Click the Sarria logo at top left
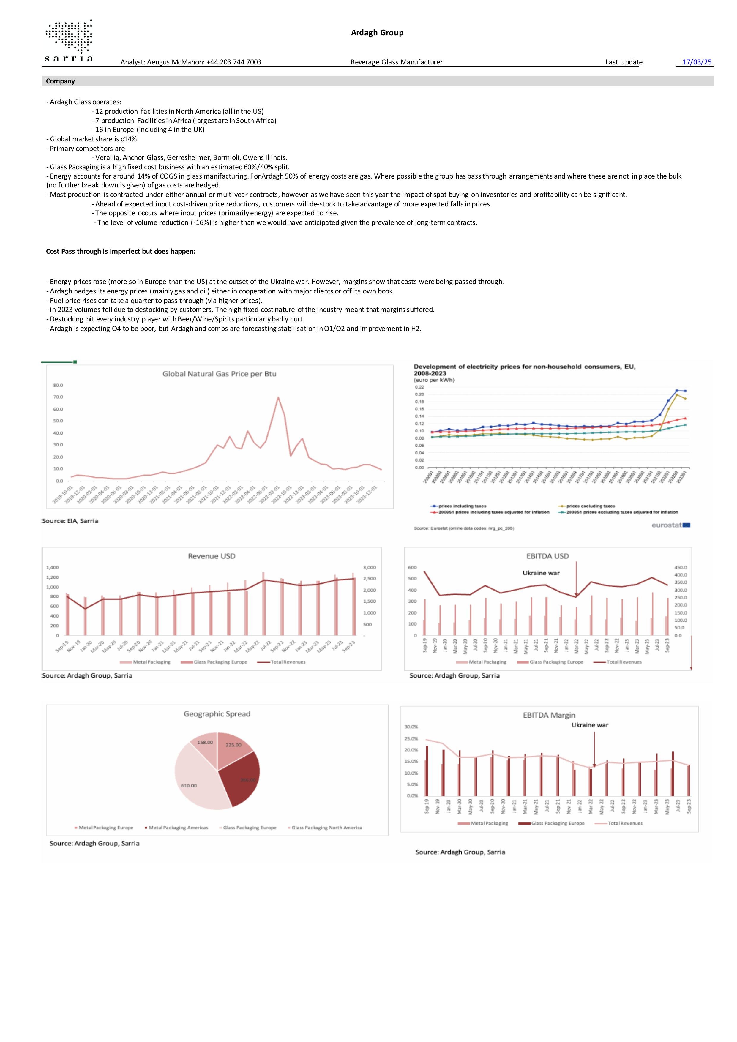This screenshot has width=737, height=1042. (69, 41)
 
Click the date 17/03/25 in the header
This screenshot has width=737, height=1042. (697, 62)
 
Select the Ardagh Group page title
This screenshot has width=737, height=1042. (377, 33)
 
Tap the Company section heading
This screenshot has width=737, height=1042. (60, 81)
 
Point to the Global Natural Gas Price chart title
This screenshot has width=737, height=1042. (219, 374)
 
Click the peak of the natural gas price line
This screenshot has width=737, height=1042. (278, 397)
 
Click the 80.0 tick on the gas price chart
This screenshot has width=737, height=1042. (58, 385)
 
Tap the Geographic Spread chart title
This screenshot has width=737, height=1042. (217, 714)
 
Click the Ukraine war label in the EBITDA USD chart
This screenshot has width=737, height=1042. (541, 573)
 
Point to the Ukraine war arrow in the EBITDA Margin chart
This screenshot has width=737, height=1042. (594, 749)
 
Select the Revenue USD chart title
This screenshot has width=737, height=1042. (212, 556)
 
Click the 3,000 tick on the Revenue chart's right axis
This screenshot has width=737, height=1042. (370, 568)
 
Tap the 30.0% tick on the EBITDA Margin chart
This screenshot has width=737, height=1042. (411, 727)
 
